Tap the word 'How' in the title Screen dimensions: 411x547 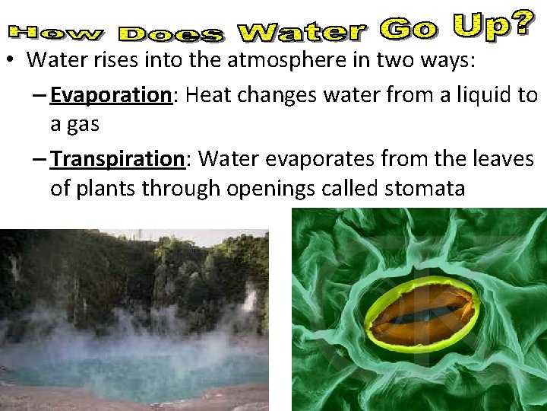(x=57, y=33)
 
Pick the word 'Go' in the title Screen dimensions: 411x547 (x=409, y=30)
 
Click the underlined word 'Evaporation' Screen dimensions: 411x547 (x=109, y=95)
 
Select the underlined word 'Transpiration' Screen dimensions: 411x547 (x=117, y=158)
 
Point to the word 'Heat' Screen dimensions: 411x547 (x=210, y=95)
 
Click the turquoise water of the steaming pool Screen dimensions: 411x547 (x=137, y=365)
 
